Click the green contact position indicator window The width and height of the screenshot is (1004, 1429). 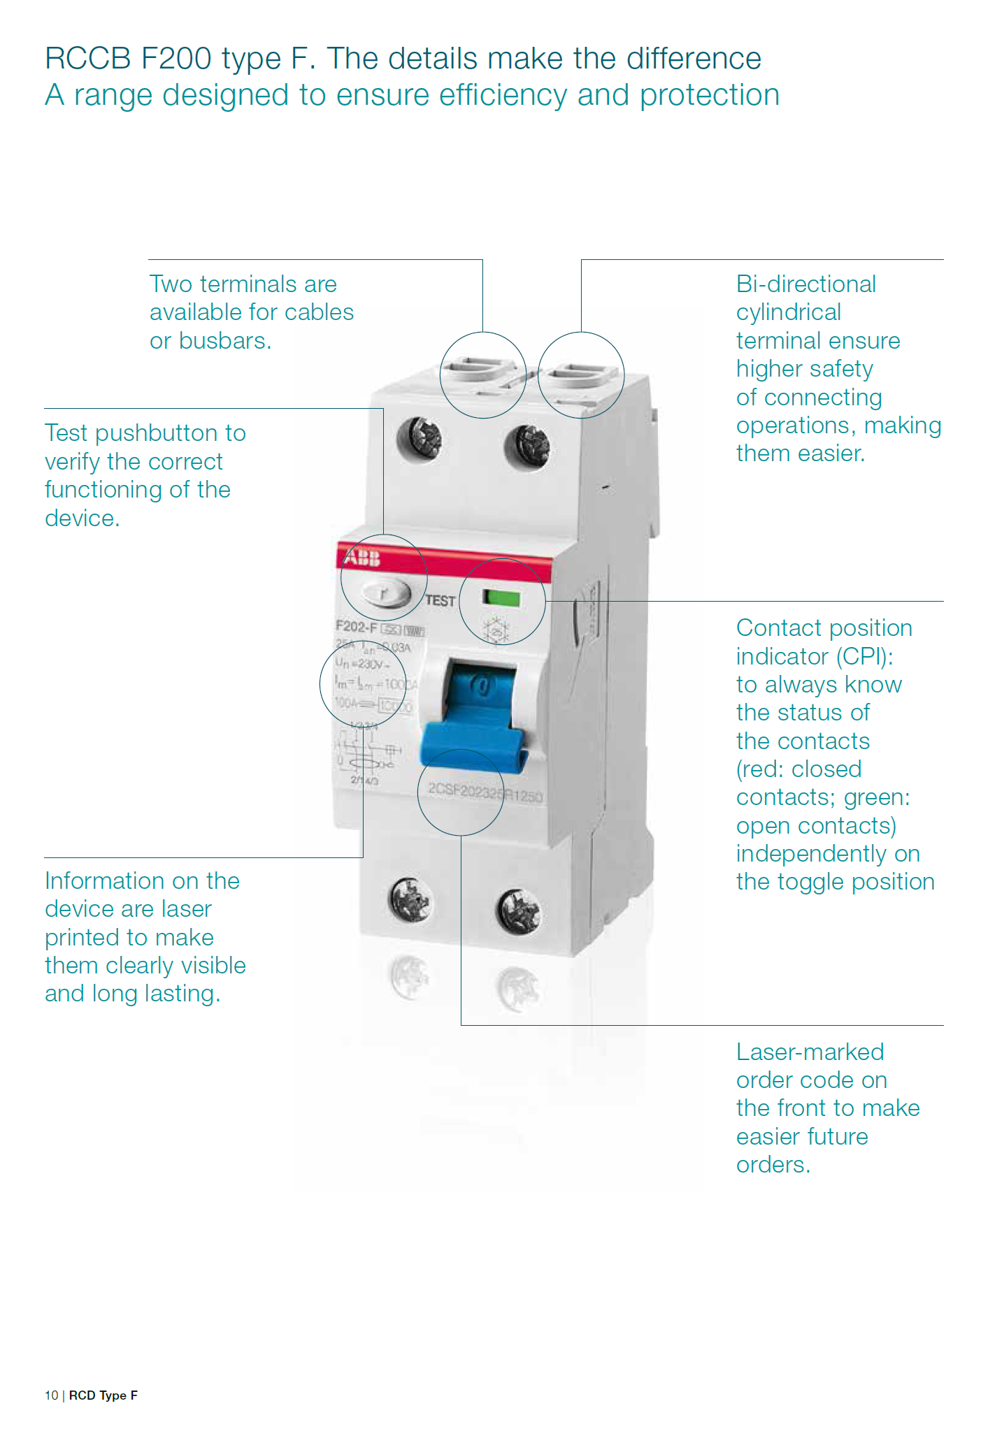point(501,598)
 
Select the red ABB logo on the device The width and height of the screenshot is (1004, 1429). point(361,558)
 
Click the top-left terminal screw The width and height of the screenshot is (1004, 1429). point(419,439)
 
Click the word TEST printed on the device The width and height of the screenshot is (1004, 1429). point(440,601)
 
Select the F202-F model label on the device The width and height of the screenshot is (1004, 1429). point(356,626)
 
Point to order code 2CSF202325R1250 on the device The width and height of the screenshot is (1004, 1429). point(485,792)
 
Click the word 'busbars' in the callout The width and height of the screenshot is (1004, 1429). point(224,341)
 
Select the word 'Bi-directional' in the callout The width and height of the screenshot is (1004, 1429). point(805,284)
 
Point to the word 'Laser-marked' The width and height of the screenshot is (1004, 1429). point(810,1052)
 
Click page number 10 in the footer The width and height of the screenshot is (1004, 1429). point(51,1395)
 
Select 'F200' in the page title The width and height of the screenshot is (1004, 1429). point(176,59)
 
